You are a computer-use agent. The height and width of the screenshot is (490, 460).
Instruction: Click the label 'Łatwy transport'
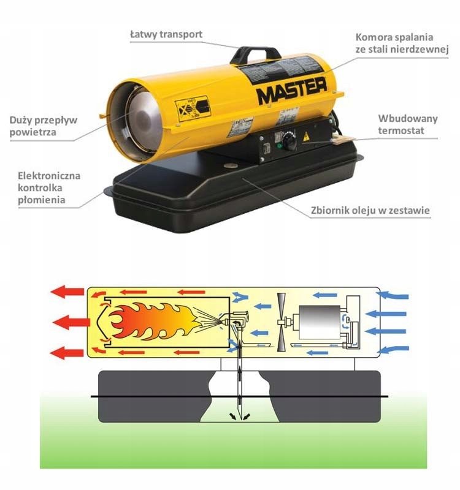[x=166, y=34]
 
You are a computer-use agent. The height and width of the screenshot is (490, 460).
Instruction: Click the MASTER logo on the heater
[x=291, y=94]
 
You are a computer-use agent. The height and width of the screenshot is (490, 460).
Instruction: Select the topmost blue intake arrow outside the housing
[x=393, y=296]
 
